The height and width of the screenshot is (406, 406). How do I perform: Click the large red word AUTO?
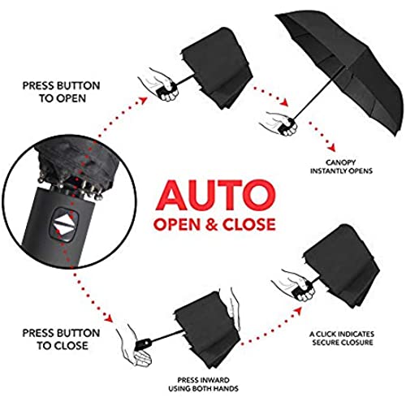click(x=216, y=195)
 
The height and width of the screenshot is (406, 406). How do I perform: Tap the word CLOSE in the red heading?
click(x=248, y=224)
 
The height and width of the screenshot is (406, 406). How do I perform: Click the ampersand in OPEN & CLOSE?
click(x=211, y=224)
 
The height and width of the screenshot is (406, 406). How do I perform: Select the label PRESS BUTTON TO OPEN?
click(x=62, y=92)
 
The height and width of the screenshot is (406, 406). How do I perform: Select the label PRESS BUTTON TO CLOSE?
click(x=62, y=339)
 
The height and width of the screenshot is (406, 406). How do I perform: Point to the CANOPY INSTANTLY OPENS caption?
click(x=341, y=166)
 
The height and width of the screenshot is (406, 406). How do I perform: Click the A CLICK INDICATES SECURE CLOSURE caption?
click(x=342, y=338)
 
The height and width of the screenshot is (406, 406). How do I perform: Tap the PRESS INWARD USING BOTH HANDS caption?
click(x=203, y=384)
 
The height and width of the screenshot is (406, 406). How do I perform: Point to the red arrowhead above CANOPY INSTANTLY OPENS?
click(x=332, y=148)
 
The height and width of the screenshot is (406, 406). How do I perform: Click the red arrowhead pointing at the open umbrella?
click(x=284, y=102)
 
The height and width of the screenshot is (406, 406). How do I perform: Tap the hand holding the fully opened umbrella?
click(x=279, y=123)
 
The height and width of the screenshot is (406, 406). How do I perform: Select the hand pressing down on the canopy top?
click(x=233, y=309)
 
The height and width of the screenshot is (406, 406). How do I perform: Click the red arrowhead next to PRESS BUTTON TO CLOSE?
click(x=109, y=317)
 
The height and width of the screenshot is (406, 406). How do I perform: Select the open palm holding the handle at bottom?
click(x=134, y=347)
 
